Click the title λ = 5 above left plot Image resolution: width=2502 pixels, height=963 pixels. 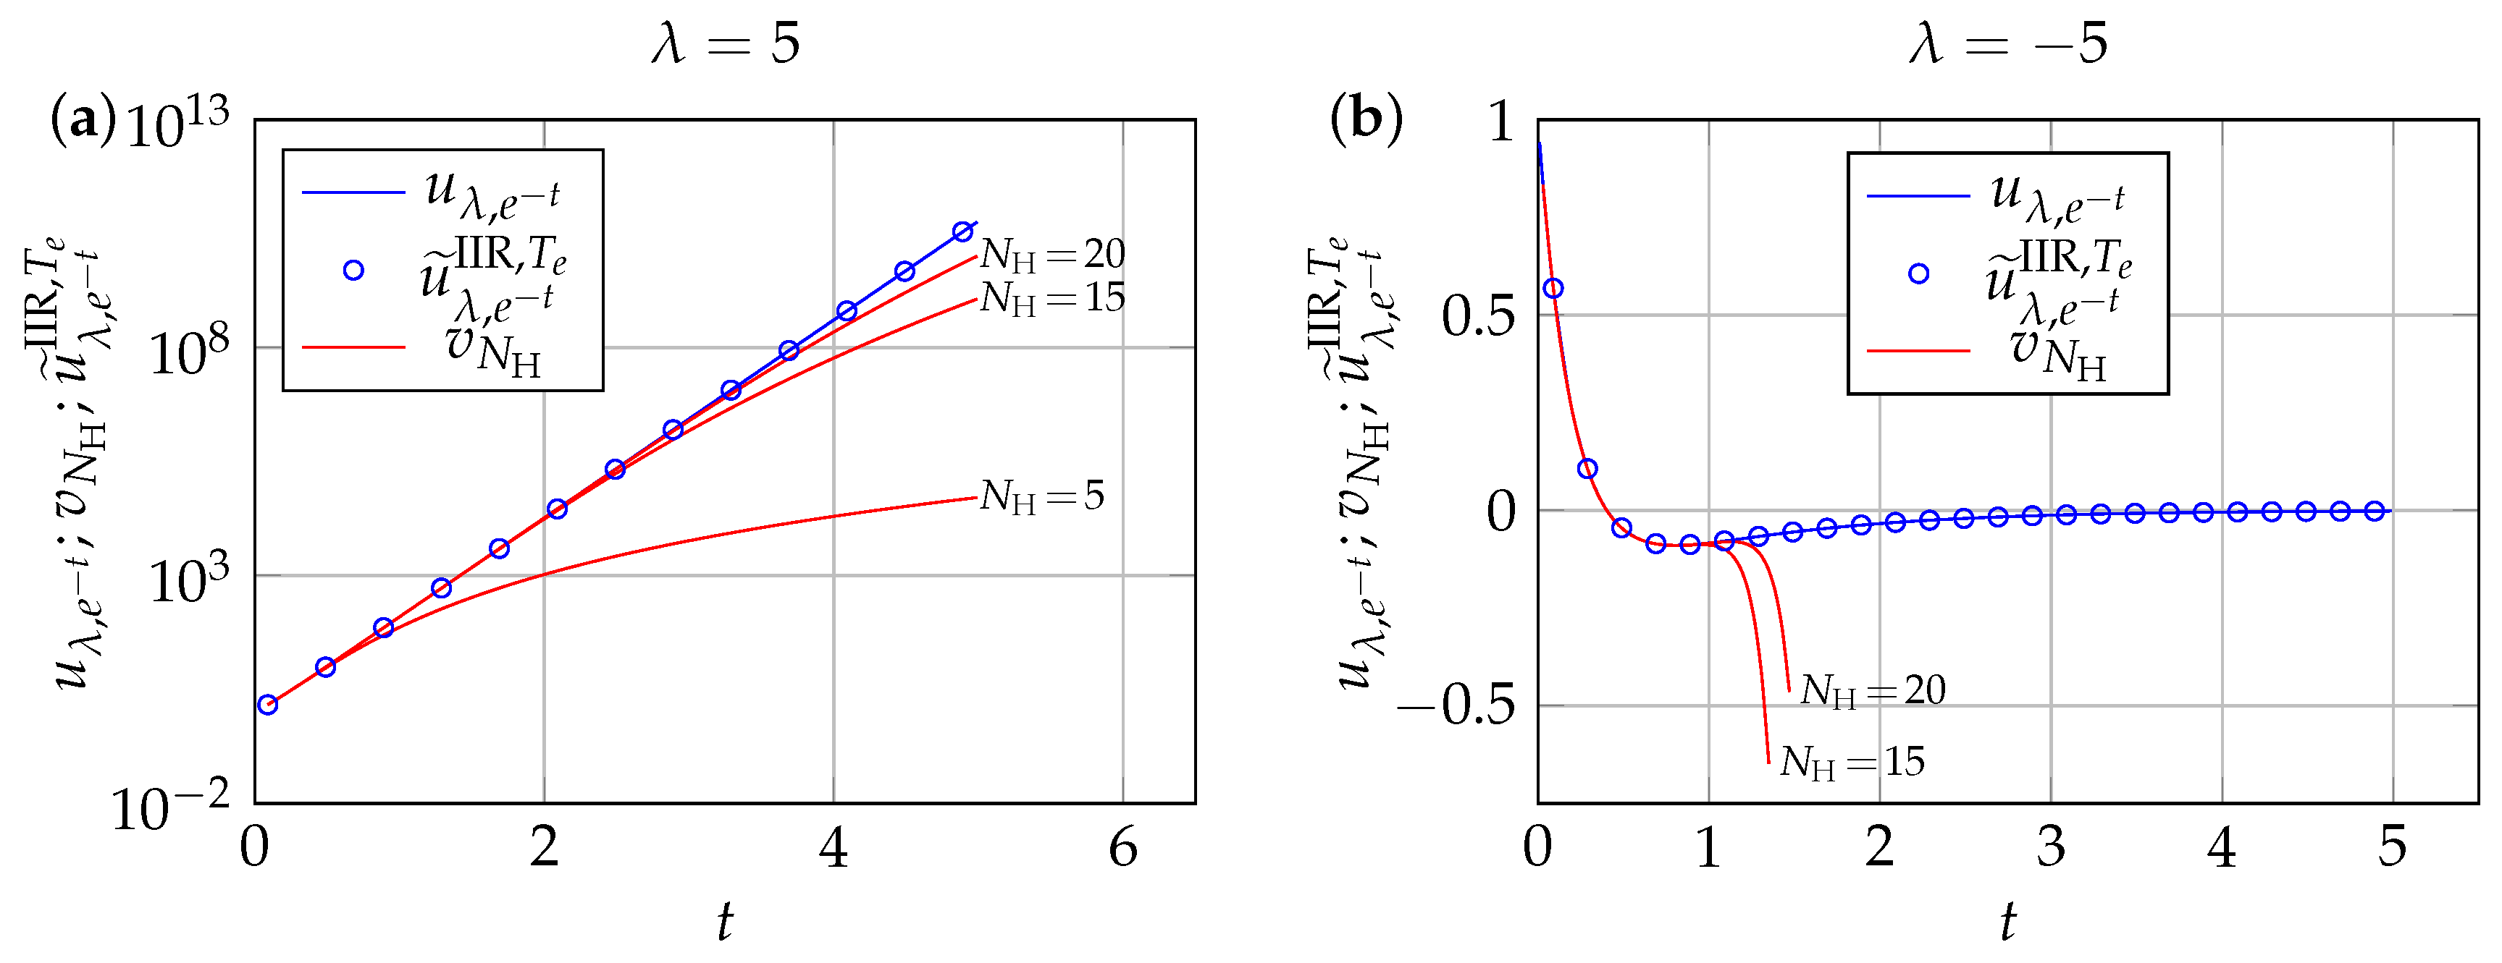click(726, 43)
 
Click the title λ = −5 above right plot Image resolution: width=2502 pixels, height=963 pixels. click(2007, 43)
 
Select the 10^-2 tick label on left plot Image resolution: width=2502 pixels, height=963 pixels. click(170, 807)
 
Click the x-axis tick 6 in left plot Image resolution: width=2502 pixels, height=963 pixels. click(1122, 849)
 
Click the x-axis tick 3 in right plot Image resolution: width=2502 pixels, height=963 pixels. click(2050, 849)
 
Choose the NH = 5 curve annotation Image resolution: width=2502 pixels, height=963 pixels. click(1041, 496)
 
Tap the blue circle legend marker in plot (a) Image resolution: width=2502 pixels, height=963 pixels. click(353, 271)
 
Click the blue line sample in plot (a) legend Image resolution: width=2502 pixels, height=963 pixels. click(353, 193)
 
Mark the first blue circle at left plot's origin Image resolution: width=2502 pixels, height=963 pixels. click(268, 705)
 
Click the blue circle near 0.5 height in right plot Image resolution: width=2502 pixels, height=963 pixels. click(1553, 288)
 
